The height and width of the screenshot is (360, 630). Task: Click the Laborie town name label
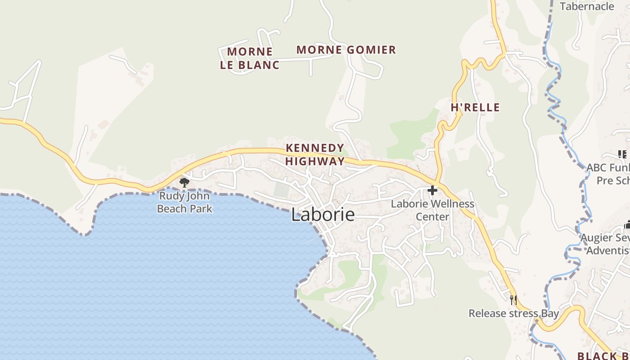[323, 215]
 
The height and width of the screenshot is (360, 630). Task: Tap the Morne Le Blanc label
[250, 58]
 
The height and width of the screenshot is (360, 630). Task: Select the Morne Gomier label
[346, 50]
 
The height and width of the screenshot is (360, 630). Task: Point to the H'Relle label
[475, 108]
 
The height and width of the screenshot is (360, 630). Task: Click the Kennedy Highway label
[315, 154]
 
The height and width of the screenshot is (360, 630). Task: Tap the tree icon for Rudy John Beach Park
[184, 182]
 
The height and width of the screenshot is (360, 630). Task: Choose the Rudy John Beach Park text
[184, 202]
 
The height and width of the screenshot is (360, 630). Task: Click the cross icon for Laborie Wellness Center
[432, 190]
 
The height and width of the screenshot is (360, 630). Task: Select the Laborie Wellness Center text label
[432, 210]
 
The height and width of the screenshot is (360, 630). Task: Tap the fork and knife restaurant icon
[513, 300]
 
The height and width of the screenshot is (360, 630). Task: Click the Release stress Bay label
[513, 314]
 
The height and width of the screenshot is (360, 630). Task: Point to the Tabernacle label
[587, 6]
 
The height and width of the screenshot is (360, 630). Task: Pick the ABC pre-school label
[608, 174]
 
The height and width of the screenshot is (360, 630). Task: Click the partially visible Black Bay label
[603, 355]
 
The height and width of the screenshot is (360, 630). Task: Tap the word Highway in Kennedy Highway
[315, 161]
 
